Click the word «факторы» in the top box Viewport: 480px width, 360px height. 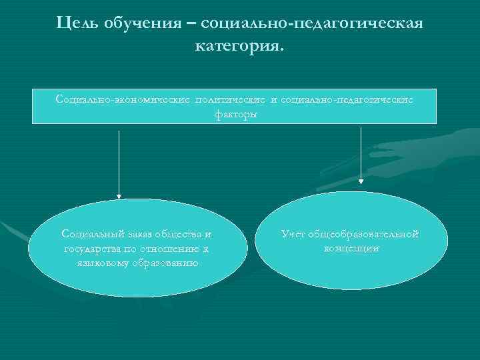[234, 113]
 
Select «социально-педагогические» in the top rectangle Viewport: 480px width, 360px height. [347, 99]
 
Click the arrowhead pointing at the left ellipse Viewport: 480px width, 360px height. [119, 195]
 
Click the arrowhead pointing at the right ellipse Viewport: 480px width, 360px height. [361, 179]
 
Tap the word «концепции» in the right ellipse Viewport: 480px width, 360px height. [351, 248]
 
